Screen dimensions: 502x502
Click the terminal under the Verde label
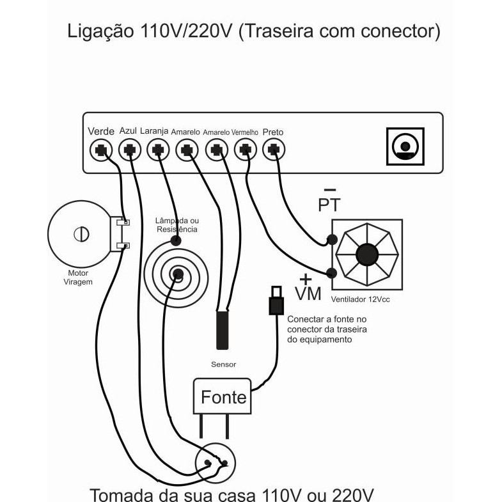(101, 150)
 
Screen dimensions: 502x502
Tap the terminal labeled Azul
(130, 150)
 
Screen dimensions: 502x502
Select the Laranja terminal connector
(158, 150)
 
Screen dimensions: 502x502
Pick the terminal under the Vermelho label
(246, 150)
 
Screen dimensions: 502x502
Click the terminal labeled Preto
(274, 150)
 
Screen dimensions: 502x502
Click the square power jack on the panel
(405, 146)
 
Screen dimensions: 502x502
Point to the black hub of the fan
(367, 255)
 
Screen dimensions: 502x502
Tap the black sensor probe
(223, 330)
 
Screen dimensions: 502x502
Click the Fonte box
(222, 396)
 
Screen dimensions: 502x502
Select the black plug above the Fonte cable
(276, 301)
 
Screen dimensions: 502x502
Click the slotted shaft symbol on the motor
(81, 234)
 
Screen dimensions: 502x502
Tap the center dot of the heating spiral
(178, 274)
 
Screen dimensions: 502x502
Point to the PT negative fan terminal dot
(332, 239)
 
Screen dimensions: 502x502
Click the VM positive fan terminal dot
(332, 273)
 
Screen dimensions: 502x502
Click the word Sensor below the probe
(223, 365)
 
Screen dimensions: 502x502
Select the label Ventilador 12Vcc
(361, 299)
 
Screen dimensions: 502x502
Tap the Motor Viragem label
(78, 278)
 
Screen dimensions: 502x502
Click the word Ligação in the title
(100, 31)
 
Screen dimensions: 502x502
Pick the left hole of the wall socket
(207, 462)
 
